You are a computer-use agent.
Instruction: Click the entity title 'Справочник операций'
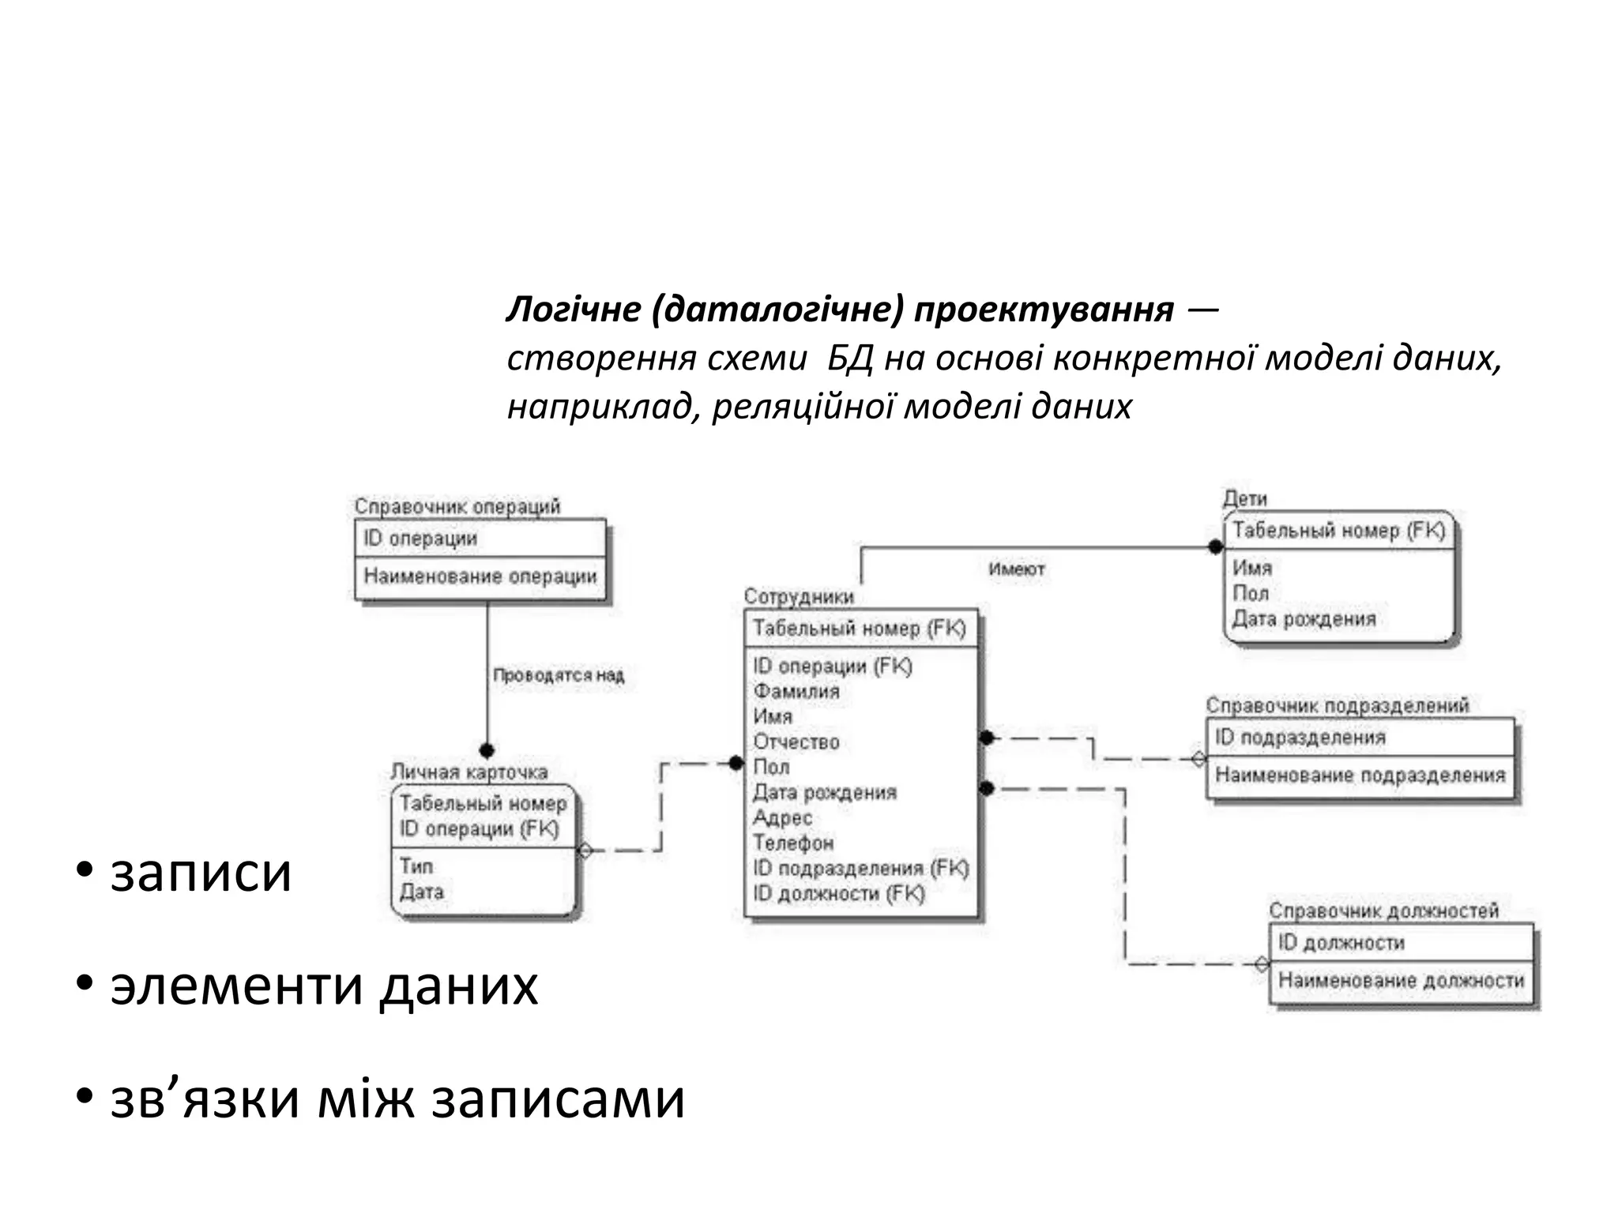click(x=457, y=506)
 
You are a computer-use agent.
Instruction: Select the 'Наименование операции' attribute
click(x=480, y=576)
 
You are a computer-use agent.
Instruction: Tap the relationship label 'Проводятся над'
click(x=559, y=675)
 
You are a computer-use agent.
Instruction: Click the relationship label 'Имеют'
click(x=1016, y=569)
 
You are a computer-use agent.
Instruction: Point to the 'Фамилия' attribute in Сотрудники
click(x=796, y=691)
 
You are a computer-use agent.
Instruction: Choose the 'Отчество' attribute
click(x=796, y=742)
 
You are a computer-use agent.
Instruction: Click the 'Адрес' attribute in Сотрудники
click(x=782, y=817)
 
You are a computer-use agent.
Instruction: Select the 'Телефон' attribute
click(x=792, y=843)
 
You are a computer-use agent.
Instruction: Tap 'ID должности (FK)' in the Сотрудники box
click(x=838, y=893)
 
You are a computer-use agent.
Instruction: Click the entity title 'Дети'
click(x=1244, y=498)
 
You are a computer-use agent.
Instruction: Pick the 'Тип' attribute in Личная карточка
click(x=416, y=866)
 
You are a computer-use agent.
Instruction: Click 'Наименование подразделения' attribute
click(x=1360, y=775)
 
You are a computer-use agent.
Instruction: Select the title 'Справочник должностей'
click(x=1383, y=911)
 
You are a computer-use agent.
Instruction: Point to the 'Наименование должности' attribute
click(x=1401, y=980)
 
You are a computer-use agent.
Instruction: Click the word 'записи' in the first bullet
click(x=201, y=873)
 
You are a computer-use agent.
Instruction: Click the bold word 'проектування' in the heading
click(x=1043, y=310)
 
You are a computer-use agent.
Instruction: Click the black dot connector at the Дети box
click(x=1215, y=546)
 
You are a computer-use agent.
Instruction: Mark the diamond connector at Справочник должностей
click(x=1262, y=964)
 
